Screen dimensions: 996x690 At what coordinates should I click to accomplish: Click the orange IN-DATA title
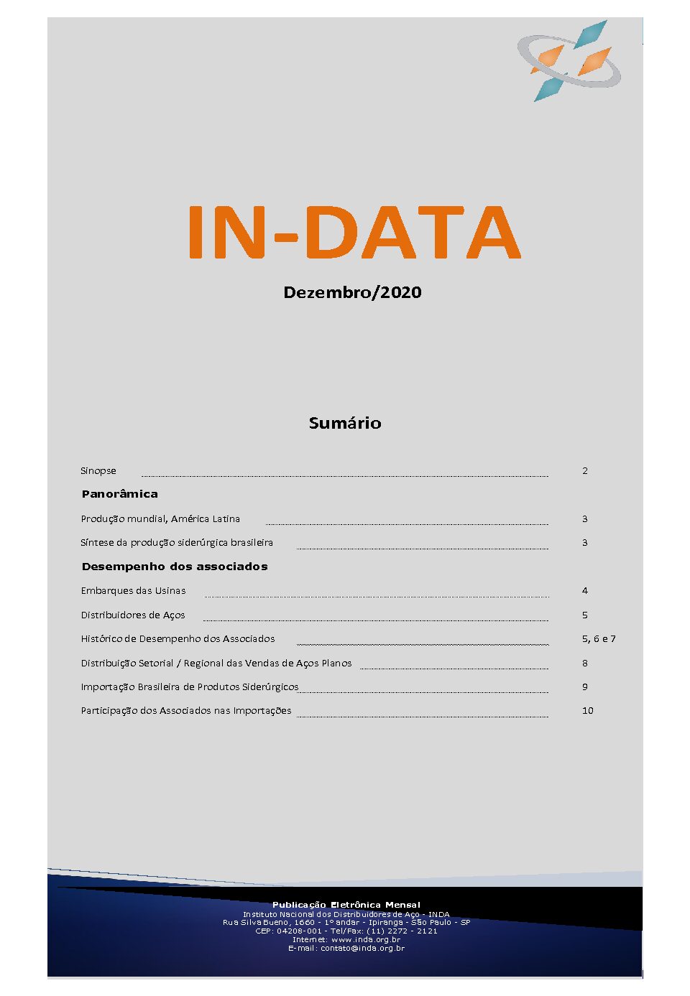click(354, 232)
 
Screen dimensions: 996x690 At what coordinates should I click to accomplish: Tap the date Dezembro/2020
click(352, 292)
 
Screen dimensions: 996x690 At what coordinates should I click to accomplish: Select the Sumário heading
click(345, 423)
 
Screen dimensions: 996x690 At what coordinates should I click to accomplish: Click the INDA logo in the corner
click(569, 61)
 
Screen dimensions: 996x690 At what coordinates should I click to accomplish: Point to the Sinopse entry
click(98, 471)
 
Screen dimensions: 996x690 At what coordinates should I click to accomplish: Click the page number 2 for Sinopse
click(585, 471)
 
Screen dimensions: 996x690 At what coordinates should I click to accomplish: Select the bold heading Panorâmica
click(119, 494)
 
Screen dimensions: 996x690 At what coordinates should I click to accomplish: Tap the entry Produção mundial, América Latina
click(160, 518)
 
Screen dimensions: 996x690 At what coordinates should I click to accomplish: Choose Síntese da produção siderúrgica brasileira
click(177, 543)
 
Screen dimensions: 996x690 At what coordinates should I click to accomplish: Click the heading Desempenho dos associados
click(175, 567)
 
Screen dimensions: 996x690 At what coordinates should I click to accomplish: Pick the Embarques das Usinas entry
click(133, 591)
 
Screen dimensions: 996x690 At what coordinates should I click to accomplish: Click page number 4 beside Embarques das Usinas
click(585, 591)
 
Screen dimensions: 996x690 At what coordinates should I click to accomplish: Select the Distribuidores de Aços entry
click(133, 615)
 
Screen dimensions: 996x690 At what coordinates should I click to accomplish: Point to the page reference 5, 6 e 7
click(599, 639)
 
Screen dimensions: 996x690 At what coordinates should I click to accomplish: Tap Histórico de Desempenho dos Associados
click(178, 639)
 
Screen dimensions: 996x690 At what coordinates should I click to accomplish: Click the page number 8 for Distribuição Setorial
click(585, 664)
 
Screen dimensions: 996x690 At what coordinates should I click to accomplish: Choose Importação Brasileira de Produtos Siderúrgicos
click(189, 687)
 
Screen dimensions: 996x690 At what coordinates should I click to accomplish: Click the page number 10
click(588, 711)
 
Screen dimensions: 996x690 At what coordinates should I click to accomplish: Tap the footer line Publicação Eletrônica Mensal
click(346, 905)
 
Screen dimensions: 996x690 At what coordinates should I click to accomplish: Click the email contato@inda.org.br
click(362, 949)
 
